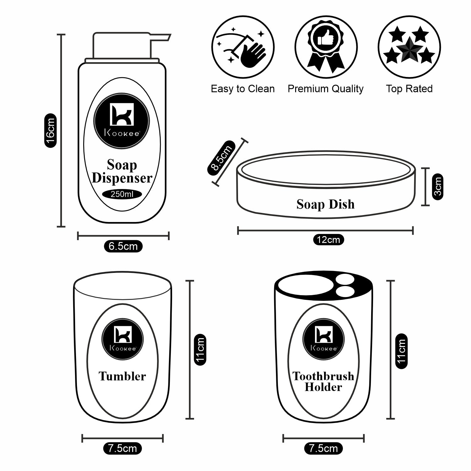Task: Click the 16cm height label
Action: tap(51, 131)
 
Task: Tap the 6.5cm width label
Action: tap(123, 246)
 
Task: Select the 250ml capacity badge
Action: tap(122, 194)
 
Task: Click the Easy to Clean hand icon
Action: tap(243, 47)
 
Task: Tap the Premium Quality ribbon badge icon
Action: tap(326, 47)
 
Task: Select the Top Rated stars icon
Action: tap(409, 47)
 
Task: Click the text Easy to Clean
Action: tap(243, 89)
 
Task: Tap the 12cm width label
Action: tap(328, 240)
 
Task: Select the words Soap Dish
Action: tap(326, 204)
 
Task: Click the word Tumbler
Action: tap(122, 376)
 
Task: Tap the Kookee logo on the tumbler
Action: tap(122, 339)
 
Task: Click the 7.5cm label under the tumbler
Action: tap(122, 448)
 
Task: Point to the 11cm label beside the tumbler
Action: tap(200, 349)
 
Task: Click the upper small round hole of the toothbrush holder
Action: tap(342, 279)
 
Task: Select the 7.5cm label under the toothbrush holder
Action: tap(323, 448)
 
